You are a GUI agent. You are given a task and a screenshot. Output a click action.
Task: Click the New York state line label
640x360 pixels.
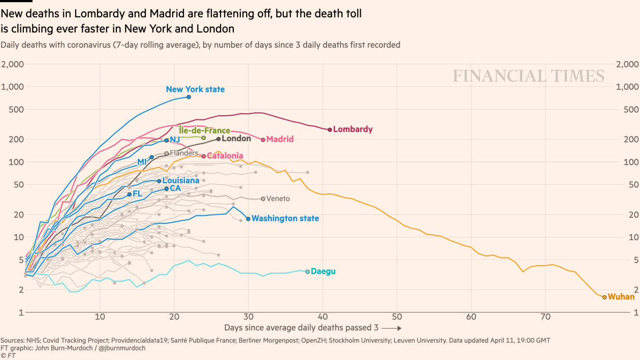[x=195, y=89]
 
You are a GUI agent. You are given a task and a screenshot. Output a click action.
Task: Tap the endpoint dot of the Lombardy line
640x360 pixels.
[x=330, y=129]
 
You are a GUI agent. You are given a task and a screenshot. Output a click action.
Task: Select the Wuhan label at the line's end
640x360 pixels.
[x=621, y=297]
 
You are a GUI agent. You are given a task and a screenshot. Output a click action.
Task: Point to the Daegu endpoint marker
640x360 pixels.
[x=307, y=272]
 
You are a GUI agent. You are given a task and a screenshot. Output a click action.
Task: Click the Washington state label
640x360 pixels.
[x=285, y=218]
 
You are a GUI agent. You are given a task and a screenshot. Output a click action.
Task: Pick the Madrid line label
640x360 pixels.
[x=280, y=139]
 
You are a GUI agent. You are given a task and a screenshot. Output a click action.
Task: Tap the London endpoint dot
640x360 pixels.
[x=218, y=139]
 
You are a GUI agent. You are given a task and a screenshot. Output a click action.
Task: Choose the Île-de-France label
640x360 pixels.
[x=204, y=130]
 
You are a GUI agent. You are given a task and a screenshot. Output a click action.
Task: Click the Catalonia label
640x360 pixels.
[x=225, y=156]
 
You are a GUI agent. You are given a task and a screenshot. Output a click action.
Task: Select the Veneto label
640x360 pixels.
[x=278, y=199]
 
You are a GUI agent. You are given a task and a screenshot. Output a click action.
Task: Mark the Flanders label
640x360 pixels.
[x=184, y=153]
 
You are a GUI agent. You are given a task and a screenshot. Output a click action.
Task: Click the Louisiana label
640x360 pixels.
[x=181, y=180]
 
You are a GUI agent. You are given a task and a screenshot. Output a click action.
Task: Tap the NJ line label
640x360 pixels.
[x=175, y=140]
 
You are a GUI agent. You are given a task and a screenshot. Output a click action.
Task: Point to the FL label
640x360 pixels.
[x=137, y=193]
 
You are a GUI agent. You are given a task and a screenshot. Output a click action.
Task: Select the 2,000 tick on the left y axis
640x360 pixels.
[x=12, y=64]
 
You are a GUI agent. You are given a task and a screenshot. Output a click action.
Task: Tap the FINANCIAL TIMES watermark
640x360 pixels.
[x=528, y=76]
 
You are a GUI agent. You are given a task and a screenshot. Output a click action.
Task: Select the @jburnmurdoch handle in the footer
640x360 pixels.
[x=122, y=348]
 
